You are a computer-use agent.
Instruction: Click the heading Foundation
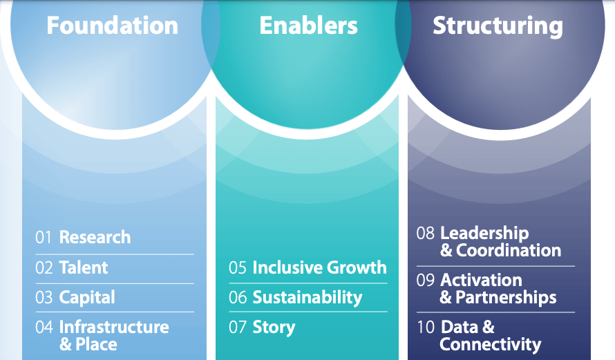click(x=112, y=26)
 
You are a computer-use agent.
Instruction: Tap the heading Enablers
click(x=308, y=26)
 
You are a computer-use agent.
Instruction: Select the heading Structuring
click(x=498, y=26)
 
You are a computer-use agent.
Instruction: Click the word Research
click(x=95, y=237)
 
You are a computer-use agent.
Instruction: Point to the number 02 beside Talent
click(x=44, y=267)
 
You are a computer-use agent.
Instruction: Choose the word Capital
click(x=87, y=298)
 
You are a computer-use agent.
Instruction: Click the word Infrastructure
click(x=114, y=327)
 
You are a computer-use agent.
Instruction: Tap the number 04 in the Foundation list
click(x=44, y=327)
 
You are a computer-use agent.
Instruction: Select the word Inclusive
click(x=285, y=267)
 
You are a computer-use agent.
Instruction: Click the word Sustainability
click(x=307, y=298)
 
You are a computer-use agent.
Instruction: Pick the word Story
click(x=274, y=327)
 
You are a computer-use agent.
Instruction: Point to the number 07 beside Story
click(x=238, y=327)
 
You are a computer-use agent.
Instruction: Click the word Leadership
click(x=484, y=234)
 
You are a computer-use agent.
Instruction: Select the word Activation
click(x=481, y=281)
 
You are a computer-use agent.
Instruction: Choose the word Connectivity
click(x=490, y=344)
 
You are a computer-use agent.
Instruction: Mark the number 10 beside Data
click(x=426, y=327)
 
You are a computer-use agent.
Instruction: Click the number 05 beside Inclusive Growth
click(x=238, y=267)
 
